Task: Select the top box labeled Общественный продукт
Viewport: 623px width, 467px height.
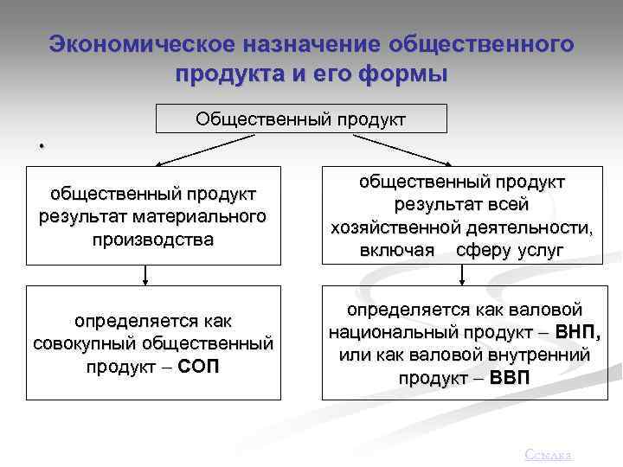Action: (x=300, y=118)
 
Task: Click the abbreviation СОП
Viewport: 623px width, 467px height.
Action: (x=201, y=366)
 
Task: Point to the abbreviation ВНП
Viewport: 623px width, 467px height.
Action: (x=577, y=332)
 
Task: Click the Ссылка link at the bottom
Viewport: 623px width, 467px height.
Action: (x=549, y=455)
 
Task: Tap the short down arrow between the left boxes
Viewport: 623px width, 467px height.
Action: (x=145, y=274)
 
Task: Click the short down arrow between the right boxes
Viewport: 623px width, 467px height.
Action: (x=462, y=274)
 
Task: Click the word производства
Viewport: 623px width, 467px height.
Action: (x=153, y=238)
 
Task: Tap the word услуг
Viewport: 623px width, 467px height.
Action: (x=541, y=250)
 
